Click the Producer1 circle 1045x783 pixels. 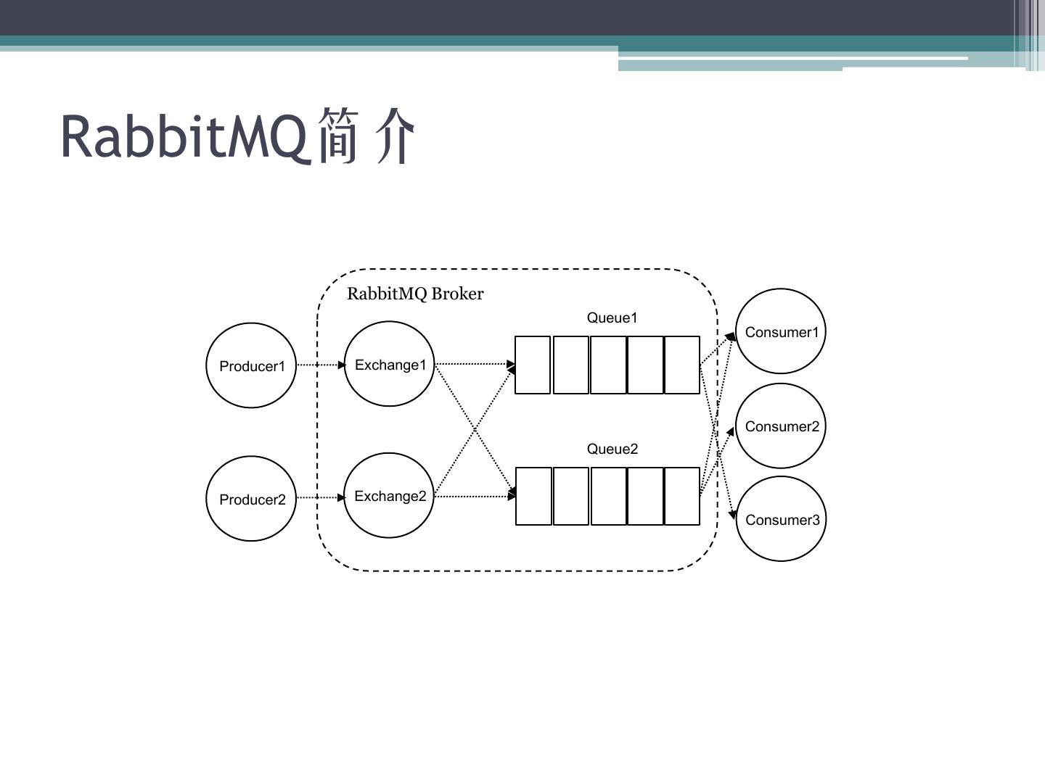pos(251,365)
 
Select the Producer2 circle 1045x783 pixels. pos(251,499)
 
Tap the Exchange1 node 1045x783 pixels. pos(389,364)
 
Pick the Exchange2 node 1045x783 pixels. pos(389,496)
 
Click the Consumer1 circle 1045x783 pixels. pos(781,331)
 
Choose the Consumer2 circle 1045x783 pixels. pos(781,426)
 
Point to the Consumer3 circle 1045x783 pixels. pos(782,519)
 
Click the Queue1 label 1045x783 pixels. pos(612,318)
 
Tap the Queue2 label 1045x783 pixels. pos(612,449)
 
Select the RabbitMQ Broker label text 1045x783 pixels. pos(415,294)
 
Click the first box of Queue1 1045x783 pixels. pos(533,365)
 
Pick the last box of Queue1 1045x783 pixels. pos(682,365)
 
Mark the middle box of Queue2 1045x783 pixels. pos(608,496)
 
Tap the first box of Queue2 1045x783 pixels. pos(533,496)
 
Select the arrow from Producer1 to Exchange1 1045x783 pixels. pos(320,365)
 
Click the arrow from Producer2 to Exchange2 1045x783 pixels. pos(320,497)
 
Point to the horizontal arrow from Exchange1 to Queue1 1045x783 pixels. pos(473,363)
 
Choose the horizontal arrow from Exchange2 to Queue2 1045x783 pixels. pos(473,497)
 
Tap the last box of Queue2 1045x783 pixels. pos(682,496)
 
